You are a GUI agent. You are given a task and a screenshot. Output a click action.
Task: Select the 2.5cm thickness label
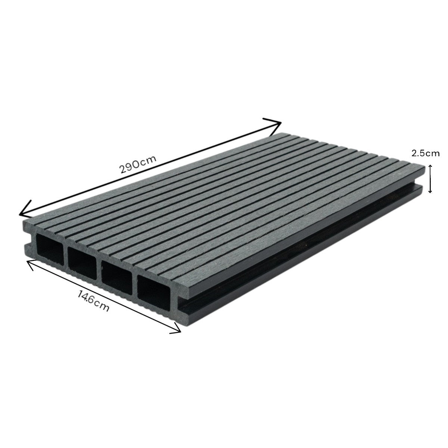point(426,153)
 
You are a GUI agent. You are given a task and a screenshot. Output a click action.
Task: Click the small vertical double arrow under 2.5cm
point(430,179)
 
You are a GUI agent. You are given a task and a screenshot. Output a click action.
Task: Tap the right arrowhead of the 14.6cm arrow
point(176,330)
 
